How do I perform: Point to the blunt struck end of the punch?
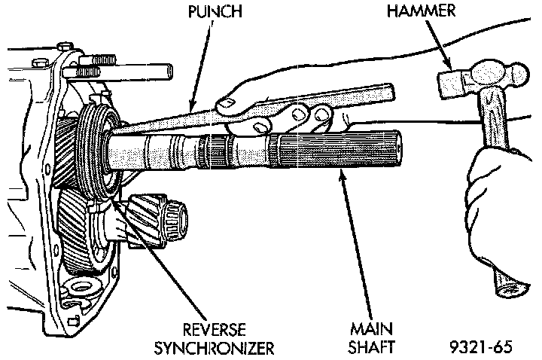pyautogui.click(x=388, y=95)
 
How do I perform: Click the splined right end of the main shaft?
pyautogui.click(x=376, y=149)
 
